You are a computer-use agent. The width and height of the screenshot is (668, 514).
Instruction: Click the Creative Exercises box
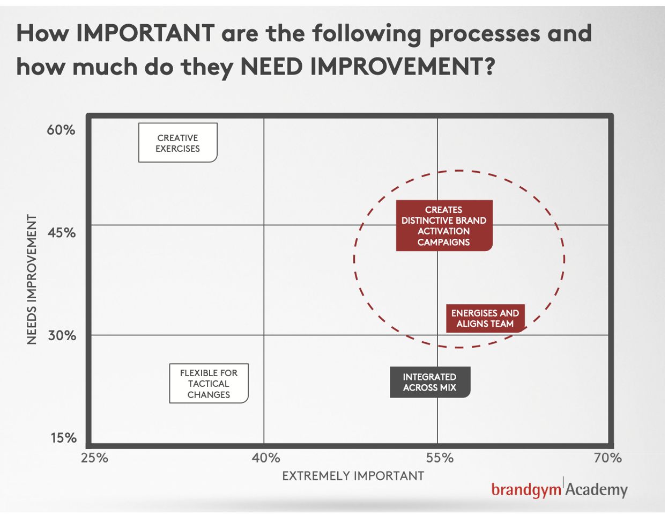tap(177, 143)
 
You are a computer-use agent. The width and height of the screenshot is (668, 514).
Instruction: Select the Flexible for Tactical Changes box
tap(209, 384)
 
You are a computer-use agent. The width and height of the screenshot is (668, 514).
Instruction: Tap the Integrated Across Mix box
tap(430, 382)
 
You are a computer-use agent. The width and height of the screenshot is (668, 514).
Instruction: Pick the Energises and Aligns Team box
tap(485, 318)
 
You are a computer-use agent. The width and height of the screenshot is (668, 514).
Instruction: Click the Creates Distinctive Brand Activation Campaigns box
tap(444, 225)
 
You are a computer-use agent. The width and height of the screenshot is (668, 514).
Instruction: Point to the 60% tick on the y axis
tap(61, 130)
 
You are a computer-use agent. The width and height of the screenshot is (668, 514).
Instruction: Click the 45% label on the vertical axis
tap(61, 232)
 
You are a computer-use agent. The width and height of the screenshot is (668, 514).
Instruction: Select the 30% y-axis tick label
tap(62, 335)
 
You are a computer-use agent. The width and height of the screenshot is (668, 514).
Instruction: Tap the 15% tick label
tap(63, 438)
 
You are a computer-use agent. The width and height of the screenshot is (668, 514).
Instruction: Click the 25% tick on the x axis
tap(94, 458)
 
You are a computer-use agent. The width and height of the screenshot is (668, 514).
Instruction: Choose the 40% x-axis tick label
tap(266, 458)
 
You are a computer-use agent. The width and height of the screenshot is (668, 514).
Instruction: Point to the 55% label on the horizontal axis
tap(440, 458)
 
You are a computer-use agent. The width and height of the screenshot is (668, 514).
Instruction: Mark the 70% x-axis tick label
tap(608, 458)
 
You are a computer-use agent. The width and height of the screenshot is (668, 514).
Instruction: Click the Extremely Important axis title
tap(353, 476)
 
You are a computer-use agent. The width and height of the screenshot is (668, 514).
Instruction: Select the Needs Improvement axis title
tap(32, 280)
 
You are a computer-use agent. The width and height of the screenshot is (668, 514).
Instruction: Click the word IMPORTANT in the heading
tap(145, 33)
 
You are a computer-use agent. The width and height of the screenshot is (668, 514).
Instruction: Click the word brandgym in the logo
tap(526, 489)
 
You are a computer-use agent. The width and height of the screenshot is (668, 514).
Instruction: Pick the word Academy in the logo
tap(597, 489)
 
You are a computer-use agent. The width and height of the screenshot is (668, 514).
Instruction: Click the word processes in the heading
tap(485, 34)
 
